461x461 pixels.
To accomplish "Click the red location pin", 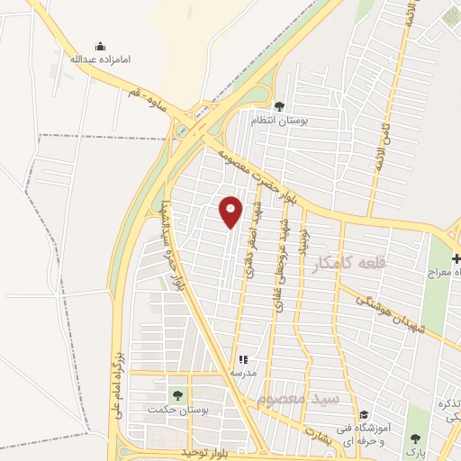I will tap(231, 211).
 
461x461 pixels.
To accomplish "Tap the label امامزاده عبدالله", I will tap(101, 60).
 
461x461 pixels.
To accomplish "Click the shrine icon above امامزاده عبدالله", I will tap(100, 46).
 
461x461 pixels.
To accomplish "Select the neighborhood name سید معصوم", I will tap(285, 399).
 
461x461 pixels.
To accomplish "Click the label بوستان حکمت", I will tap(176, 410).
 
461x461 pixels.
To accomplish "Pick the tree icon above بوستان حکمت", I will tap(176, 395).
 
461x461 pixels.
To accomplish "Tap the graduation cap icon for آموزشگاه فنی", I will tap(363, 415).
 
